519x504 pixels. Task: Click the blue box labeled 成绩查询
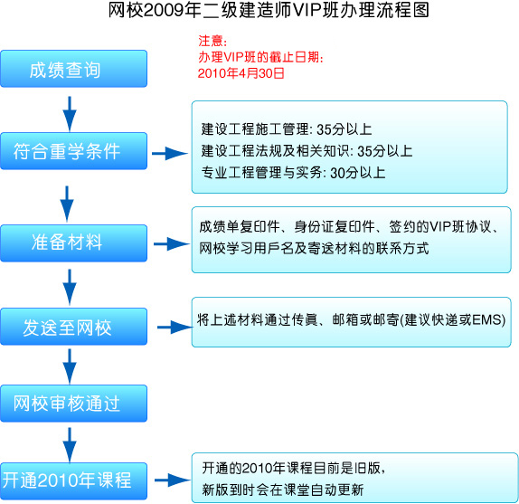pyautogui.click(x=74, y=69)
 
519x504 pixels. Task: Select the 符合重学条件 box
pyautogui.click(x=74, y=151)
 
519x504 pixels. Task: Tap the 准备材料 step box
pyautogui.click(x=74, y=243)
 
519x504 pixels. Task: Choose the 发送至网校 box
pyautogui.click(x=74, y=327)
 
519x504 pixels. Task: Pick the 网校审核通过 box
pyautogui.click(x=74, y=404)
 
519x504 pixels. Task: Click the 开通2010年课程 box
pyautogui.click(x=74, y=480)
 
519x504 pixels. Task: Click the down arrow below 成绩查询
pyautogui.click(x=70, y=114)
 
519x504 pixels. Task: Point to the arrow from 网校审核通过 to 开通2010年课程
pyautogui.click(x=70, y=445)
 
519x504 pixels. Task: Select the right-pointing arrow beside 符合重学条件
pyautogui.click(x=170, y=153)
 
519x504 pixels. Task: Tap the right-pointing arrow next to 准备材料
pyautogui.click(x=172, y=244)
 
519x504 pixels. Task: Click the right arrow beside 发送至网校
pyautogui.click(x=175, y=328)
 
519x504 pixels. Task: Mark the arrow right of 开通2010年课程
pyautogui.click(x=173, y=480)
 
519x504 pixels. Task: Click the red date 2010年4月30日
pyautogui.click(x=241, y=73)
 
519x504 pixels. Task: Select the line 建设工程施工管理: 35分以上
pyautogui.click(x=287, y=129)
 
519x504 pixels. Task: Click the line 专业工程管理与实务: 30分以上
pyautogui.click(x=293, y=173)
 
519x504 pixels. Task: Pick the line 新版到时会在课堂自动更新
pyautogui.click(x=283, y=490)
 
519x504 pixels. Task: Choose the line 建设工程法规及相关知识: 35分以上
pyautogui.click(x=307, y=151)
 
